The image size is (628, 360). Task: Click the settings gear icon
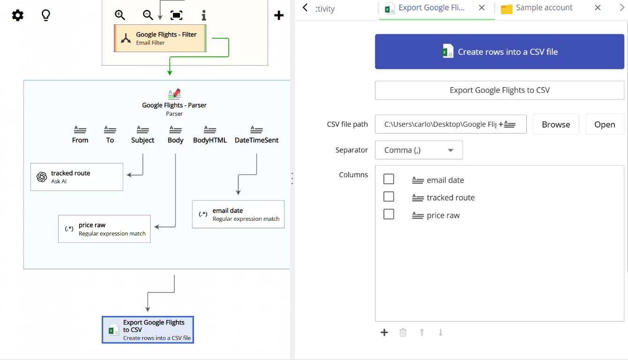tap(18, 15)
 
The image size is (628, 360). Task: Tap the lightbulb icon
tap(46, 15)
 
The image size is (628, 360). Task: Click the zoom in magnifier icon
tap(120, 15)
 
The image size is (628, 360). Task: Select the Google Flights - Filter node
tap(160, 38)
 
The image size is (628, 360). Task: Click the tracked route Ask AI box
tap(77, 177)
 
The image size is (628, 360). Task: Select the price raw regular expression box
tap(104, 229)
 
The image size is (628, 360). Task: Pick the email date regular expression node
tap(238, 214)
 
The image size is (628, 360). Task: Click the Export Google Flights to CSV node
tap(148, 330)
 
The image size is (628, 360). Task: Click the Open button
tap(604, 124)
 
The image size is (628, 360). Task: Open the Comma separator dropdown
tap(419, 150)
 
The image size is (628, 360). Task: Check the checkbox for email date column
tap(389, 180)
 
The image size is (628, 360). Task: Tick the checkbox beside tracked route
tap(389, 197)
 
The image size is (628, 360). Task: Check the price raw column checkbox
tap(389, 215)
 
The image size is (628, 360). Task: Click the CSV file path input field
tap(441, 124)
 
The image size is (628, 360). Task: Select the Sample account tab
tap(544, 8)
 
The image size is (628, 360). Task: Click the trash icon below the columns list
tap(403, 332)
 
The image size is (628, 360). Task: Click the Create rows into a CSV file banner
tap(499, 52)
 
